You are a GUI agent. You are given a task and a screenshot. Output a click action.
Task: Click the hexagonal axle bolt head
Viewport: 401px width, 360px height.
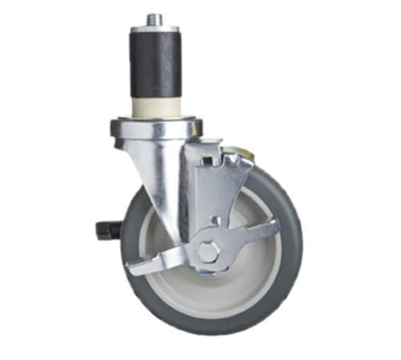[207, 251]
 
